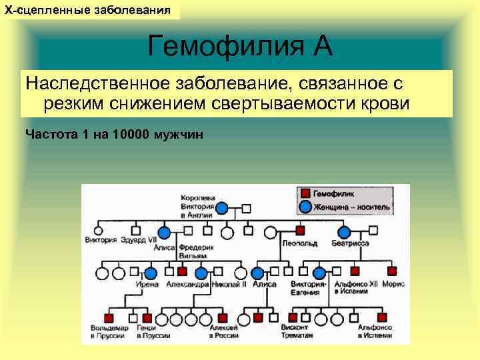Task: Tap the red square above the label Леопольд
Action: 301,231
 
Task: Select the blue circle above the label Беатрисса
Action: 344,232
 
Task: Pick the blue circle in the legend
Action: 305,206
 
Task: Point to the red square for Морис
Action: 392,271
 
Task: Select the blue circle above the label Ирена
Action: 151,273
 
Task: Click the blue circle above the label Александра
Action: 201,273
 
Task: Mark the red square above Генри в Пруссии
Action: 142,316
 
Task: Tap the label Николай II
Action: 229,284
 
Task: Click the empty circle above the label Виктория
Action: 102,231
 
